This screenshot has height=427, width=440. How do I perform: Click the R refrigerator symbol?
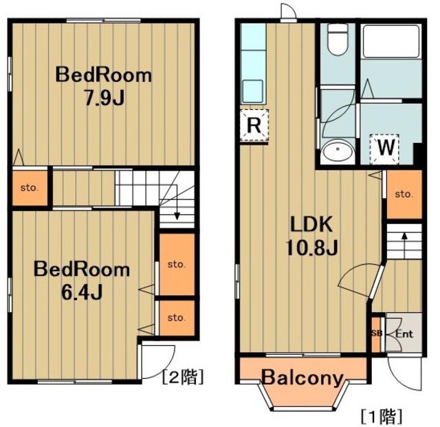coord(254,125)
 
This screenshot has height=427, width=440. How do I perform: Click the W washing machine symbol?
coord(384,149)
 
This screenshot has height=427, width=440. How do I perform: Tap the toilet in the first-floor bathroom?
coord(338,40)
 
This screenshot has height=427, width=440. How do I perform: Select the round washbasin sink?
coord(338,151)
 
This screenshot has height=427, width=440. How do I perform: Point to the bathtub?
coord(391,41)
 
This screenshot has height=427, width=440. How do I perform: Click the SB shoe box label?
coord(377,333)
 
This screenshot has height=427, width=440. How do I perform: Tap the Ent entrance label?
coord(404,334)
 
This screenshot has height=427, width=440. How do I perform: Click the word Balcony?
coord(302,378)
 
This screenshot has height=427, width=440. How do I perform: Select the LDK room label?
coord(311,224)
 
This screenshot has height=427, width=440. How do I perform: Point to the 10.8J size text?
coord(311,248)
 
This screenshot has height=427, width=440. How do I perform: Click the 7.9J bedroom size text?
coord(104,98)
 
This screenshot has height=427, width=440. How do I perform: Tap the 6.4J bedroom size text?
coord(82,292)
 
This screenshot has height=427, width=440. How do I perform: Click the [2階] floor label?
coord(183,376)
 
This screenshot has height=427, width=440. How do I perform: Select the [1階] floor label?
coord(382,416)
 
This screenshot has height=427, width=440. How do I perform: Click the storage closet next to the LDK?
coord(404,195)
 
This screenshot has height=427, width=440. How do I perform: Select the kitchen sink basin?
coord(253,91)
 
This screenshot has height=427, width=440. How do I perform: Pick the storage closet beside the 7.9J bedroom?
coord(30,188)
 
